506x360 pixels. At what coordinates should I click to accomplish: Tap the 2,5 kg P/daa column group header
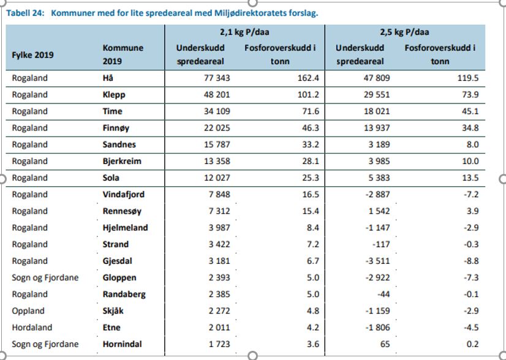[404, 32]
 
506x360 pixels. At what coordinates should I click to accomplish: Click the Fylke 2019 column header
[32, 54]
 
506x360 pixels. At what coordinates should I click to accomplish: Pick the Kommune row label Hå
[108, 78]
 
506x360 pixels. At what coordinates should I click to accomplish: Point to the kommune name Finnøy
[117, 128]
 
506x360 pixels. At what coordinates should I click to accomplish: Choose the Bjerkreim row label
[121, 161]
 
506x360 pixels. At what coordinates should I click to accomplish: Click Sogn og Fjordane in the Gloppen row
[45, 277]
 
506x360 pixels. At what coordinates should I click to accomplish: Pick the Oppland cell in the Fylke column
[28, 310]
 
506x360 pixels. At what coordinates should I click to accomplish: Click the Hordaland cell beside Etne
[32, 327]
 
